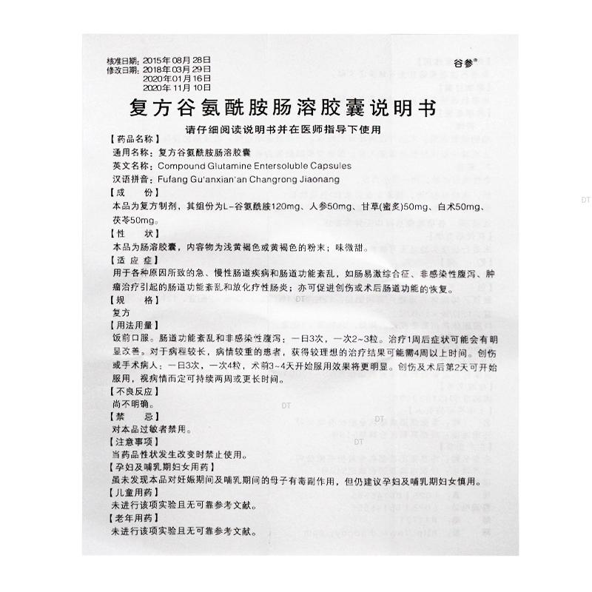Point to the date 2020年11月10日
(177, 86)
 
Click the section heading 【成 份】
(133, 192)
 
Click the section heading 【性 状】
(133, 233)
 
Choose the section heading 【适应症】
(133, 260)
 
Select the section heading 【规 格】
(133, 300)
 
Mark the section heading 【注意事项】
(133, 442)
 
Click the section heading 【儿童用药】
(133, 494)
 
